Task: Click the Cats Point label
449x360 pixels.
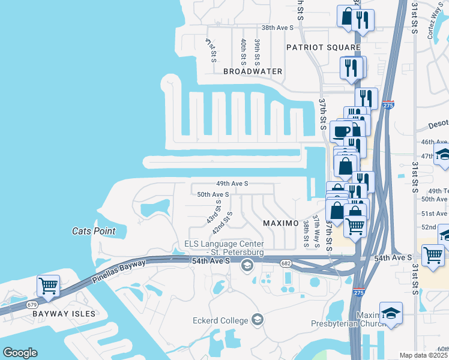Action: click(x=93, y=231)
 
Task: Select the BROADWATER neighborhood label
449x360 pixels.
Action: click(x=253, y=71)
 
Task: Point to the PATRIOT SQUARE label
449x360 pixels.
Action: click(x=323, y=47)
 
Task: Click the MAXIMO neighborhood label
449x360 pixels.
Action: click(x=281, y=223)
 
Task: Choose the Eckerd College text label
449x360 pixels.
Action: click(x=220, y=320)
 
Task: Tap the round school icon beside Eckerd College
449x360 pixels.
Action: click(x=258, y=319)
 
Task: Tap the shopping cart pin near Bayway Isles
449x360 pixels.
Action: click(x=49, y=286)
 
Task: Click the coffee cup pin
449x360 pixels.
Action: click(x=342, y=131)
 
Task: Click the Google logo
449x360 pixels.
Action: click(x=20, y=353)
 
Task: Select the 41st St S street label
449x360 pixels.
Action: click(x=210, y=50)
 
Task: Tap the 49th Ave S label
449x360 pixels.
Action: click(x=232, y=183)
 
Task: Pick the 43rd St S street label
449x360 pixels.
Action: click(x=213, y=212)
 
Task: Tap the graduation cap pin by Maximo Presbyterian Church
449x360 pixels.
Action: click(x=391, y=313)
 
